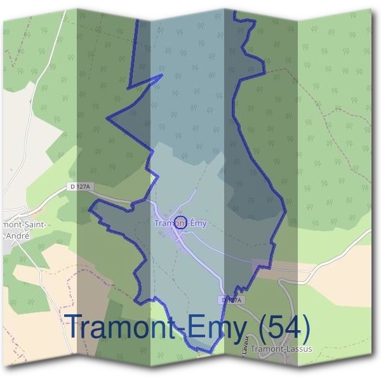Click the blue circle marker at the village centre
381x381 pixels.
180,223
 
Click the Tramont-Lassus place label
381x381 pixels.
282,349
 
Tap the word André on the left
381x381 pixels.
17,234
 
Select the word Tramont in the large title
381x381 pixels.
121,328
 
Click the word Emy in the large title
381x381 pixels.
220,328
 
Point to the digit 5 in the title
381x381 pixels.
277,328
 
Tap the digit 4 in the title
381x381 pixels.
296,328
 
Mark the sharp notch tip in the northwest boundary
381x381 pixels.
163,75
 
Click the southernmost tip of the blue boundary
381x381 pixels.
211,351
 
